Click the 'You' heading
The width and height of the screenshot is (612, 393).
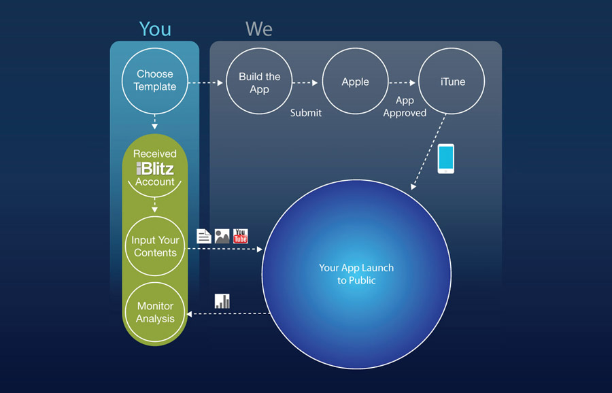155,29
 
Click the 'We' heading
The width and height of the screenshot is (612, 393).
259,29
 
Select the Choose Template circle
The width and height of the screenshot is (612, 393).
155,80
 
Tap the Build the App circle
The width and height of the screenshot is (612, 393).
259,82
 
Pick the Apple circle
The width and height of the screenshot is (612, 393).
355,82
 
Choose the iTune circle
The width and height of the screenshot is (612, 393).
452,82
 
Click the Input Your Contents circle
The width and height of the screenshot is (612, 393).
155,246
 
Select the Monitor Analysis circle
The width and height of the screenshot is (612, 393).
155,312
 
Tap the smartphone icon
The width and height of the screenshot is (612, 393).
445,158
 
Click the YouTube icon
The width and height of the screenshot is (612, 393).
241,236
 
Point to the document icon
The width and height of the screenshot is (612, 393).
203,236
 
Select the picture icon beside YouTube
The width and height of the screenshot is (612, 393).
222,236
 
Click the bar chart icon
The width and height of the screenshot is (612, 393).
222,301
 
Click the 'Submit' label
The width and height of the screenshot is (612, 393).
306,113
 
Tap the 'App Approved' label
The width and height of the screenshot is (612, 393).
405,107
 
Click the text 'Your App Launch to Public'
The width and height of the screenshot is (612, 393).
356,273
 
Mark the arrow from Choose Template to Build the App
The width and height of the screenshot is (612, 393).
205,83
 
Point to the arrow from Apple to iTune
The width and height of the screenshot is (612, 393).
403,83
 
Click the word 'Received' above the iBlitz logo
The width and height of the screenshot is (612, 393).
155,154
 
